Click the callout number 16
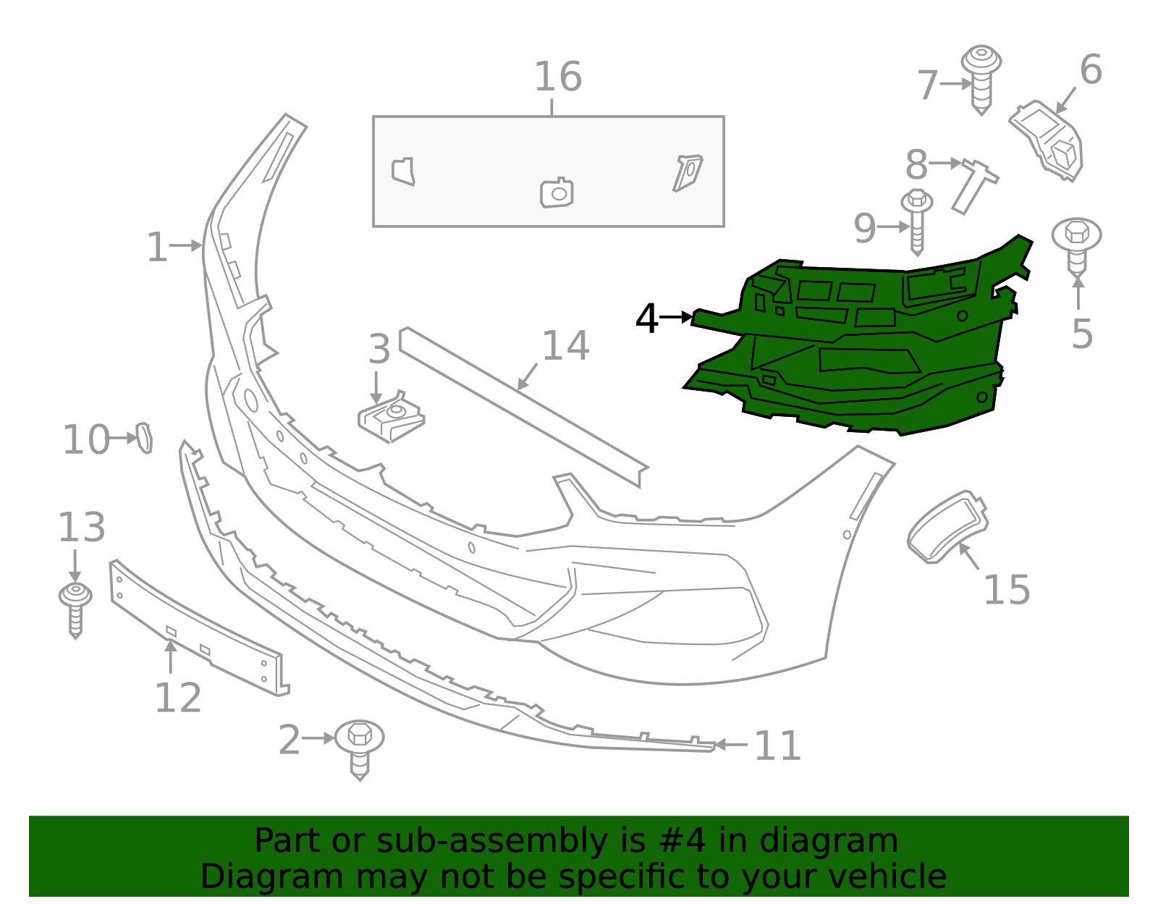pos(557,77)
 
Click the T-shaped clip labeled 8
pos(974,184)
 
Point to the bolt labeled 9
pos(916,221)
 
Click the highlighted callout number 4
pos(646,318)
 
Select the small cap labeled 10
pos(145,438)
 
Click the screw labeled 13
pos(75,609)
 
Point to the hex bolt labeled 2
pos(359,745)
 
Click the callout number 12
pos(177,698)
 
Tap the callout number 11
pos(777,745)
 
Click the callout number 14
pos(565,346)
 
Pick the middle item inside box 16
pos(557,193)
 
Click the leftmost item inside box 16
pos(404,172)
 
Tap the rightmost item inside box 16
pos(687,172)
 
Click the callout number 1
pos(156,248)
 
